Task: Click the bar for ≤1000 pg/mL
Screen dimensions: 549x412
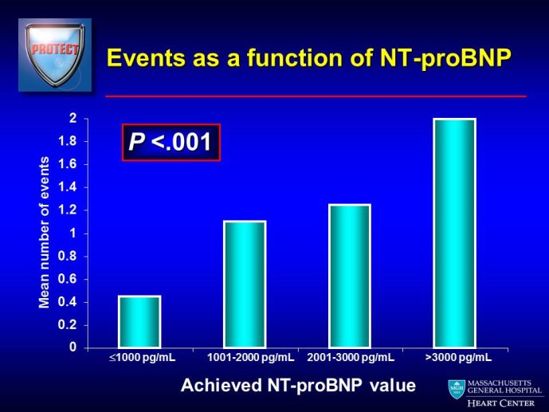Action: point(139,322)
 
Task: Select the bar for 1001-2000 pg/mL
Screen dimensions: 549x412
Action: point(245,284)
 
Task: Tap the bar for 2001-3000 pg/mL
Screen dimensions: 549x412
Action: point(350,277)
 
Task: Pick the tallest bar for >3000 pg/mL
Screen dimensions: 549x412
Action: point(454,233)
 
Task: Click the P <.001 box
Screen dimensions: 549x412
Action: point(171,142)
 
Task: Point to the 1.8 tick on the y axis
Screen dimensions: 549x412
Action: point(68,141)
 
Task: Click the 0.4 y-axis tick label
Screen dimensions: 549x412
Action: point(68,302)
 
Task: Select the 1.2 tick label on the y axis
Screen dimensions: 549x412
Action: point(68,210)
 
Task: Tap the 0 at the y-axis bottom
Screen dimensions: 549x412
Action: point(73,347)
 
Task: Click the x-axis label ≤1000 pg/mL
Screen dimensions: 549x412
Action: point(142,358)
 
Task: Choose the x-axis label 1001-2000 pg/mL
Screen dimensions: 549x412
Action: point(251,358)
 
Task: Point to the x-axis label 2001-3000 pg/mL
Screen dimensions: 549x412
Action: point(351,358)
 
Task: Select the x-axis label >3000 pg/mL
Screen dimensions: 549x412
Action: point(458,358)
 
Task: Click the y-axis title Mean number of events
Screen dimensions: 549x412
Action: point(44,233)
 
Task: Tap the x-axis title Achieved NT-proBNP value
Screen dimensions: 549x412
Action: point(298,386)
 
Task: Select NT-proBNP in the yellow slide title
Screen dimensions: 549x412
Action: point(445,58)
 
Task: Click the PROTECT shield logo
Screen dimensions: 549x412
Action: point(55,55)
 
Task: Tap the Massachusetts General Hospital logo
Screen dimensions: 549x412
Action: point(496,394)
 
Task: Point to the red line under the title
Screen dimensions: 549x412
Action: point(316,96)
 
